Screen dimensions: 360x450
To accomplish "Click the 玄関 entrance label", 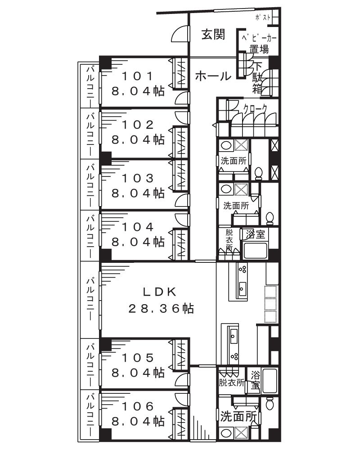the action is pyautogui.click(x=213, y=34).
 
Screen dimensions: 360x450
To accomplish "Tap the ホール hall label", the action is pyautogui.click(x=213, y=76).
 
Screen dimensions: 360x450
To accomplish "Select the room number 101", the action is pyautogui.click(x=138, y=76).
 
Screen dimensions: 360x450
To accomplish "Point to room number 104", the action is pyautogui.click(x=138, y=227).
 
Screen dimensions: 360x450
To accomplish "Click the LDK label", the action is pyautogui.click(x=160, y=292).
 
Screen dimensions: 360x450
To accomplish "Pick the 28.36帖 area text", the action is pyautogui.click(x=161, y=309).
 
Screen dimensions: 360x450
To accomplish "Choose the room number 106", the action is pyautogui.click(x=138, y=406).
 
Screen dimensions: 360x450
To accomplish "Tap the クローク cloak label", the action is pyautogui.click(x=255, y=109).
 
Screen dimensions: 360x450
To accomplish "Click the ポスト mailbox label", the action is pyautogui.click(x=263, y=17).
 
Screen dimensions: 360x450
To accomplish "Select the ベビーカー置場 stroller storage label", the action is pyautogui.click(x=259, y=44).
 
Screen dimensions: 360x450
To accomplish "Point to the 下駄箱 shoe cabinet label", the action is pyautogui.click(x=257, y=78).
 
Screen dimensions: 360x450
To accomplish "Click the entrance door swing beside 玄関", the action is pyautogui.click(x=180, y=34).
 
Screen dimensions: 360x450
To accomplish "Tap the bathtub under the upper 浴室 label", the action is pyautogui.click(x=256, y=250).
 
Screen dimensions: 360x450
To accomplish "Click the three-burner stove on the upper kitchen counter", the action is pyautogui.click(x=243, y=269).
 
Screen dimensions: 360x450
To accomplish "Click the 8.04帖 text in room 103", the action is pyautogui.click(x=138, y=193).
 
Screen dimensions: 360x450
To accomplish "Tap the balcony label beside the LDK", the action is pyautogui.click(x=90, y=299).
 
